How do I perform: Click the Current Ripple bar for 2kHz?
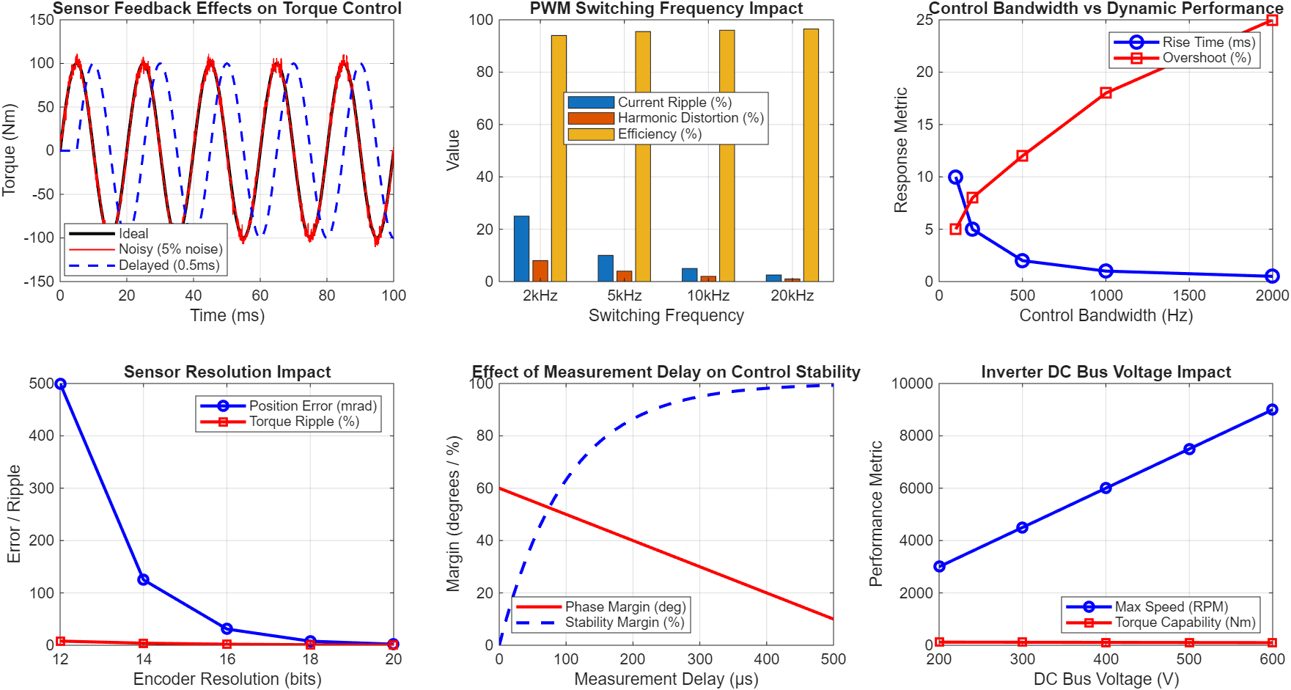coord(521,249)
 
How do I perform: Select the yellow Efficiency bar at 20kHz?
coord(811,155)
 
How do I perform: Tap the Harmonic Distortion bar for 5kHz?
coord(624,276)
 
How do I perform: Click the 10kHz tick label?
coord(708,296)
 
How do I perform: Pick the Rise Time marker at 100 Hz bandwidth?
coord(955,177)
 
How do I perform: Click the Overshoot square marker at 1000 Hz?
coord(1106,93)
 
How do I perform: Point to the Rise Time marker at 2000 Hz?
coord(1272,276)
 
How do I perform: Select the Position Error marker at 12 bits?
coord(61,383)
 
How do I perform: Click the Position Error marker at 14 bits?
coord(144,579)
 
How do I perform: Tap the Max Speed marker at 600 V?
coord(1272,410)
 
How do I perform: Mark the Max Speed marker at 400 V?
coord(1106,488)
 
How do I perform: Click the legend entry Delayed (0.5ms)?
coord(169,265)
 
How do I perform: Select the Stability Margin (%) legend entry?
coord(624,623)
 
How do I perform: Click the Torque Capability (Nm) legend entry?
coord(1185,623)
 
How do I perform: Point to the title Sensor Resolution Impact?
coord(227,372)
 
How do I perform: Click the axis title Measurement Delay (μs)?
coord(666,679)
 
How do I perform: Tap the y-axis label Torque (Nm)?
coord(9,150)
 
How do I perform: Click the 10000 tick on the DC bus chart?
coord(911,383)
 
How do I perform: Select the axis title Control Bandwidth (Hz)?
coord(1106,315)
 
